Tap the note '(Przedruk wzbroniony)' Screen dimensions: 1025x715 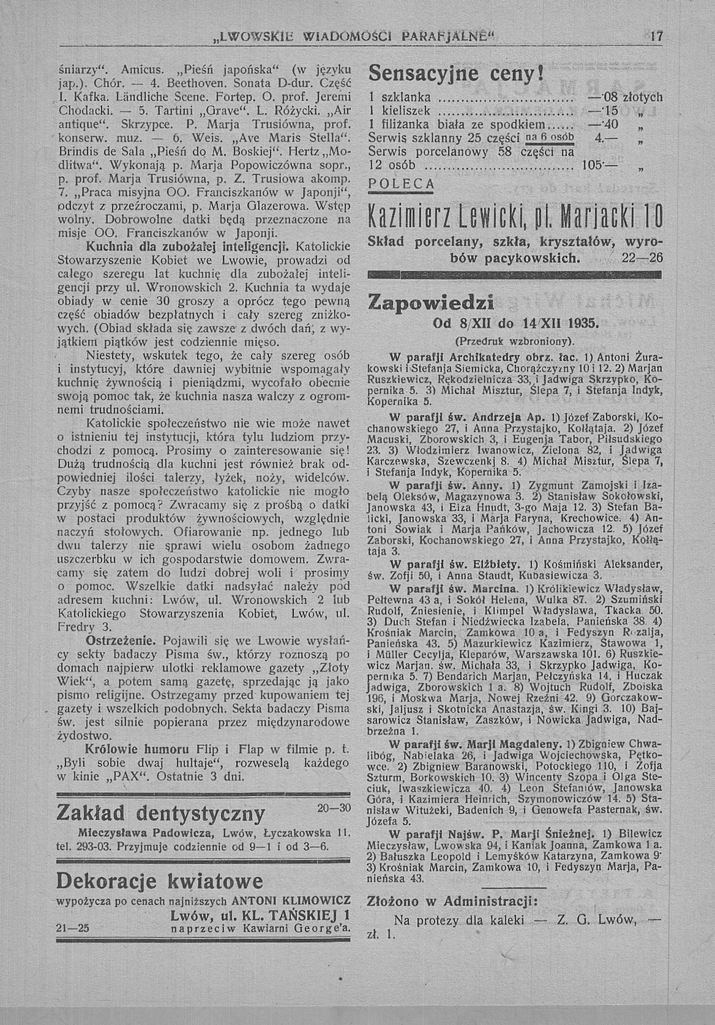click(x=515, y=342)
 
